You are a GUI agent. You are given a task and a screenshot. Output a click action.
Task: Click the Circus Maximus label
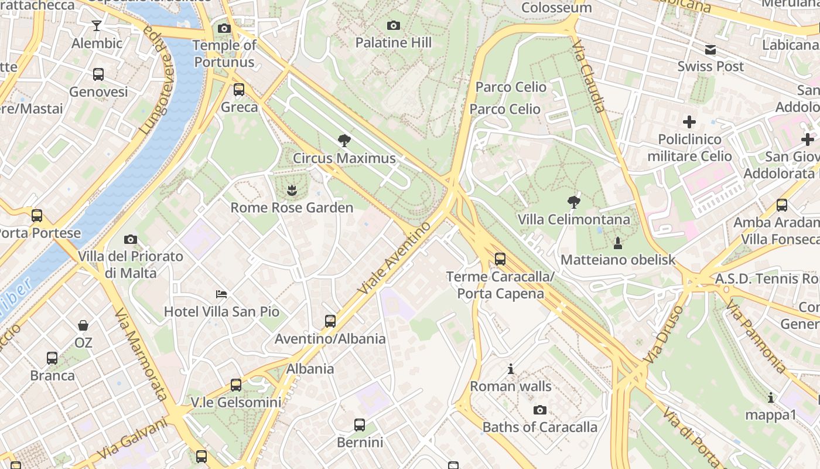pos(344,158)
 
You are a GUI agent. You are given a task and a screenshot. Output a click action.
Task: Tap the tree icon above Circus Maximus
pos(344,140)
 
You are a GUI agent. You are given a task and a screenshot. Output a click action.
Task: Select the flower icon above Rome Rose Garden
pos(291,189)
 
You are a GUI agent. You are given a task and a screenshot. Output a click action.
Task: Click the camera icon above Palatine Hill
pos(394,25)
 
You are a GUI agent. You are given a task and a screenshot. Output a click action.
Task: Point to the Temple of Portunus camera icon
pos(224,28)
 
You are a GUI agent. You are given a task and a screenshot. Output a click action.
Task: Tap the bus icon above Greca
pos(239,90)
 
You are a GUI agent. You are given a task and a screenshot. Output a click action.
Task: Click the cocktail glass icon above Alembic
pos(97,26)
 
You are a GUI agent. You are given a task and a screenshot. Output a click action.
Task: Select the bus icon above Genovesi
pos(98,74)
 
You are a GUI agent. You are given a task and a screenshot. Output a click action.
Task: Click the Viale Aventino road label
pos(394,259)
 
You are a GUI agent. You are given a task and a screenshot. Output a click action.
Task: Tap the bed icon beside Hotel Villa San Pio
pos(221,294)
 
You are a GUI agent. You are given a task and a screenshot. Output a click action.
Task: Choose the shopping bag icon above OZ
pos(83,325)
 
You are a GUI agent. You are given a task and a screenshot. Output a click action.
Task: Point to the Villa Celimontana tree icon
pos(574,202)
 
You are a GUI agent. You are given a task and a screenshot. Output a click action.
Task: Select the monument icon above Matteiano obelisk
pos(617,242)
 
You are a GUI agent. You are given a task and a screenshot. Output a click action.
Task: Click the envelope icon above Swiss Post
pos(710,49)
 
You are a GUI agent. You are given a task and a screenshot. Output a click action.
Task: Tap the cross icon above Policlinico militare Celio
pos(689,122)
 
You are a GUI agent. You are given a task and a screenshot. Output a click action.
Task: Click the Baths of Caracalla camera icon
pos(540,410)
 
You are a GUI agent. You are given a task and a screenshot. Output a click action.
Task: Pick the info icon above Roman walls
pos(511,369)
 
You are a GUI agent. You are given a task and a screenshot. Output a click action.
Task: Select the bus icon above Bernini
pos(360,425)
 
